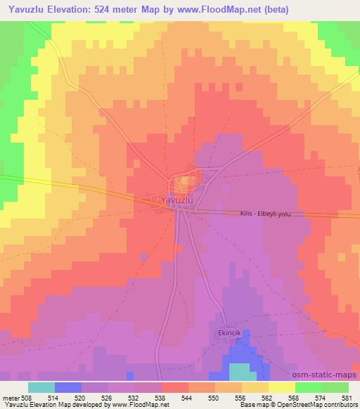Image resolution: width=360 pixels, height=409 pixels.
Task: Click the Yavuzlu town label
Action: (176, 200)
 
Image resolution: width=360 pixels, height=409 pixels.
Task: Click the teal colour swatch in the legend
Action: (41, 387)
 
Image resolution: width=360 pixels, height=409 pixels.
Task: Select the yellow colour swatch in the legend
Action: (282, 387)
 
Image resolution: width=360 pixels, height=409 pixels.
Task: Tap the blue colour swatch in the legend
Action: (68, 387)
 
